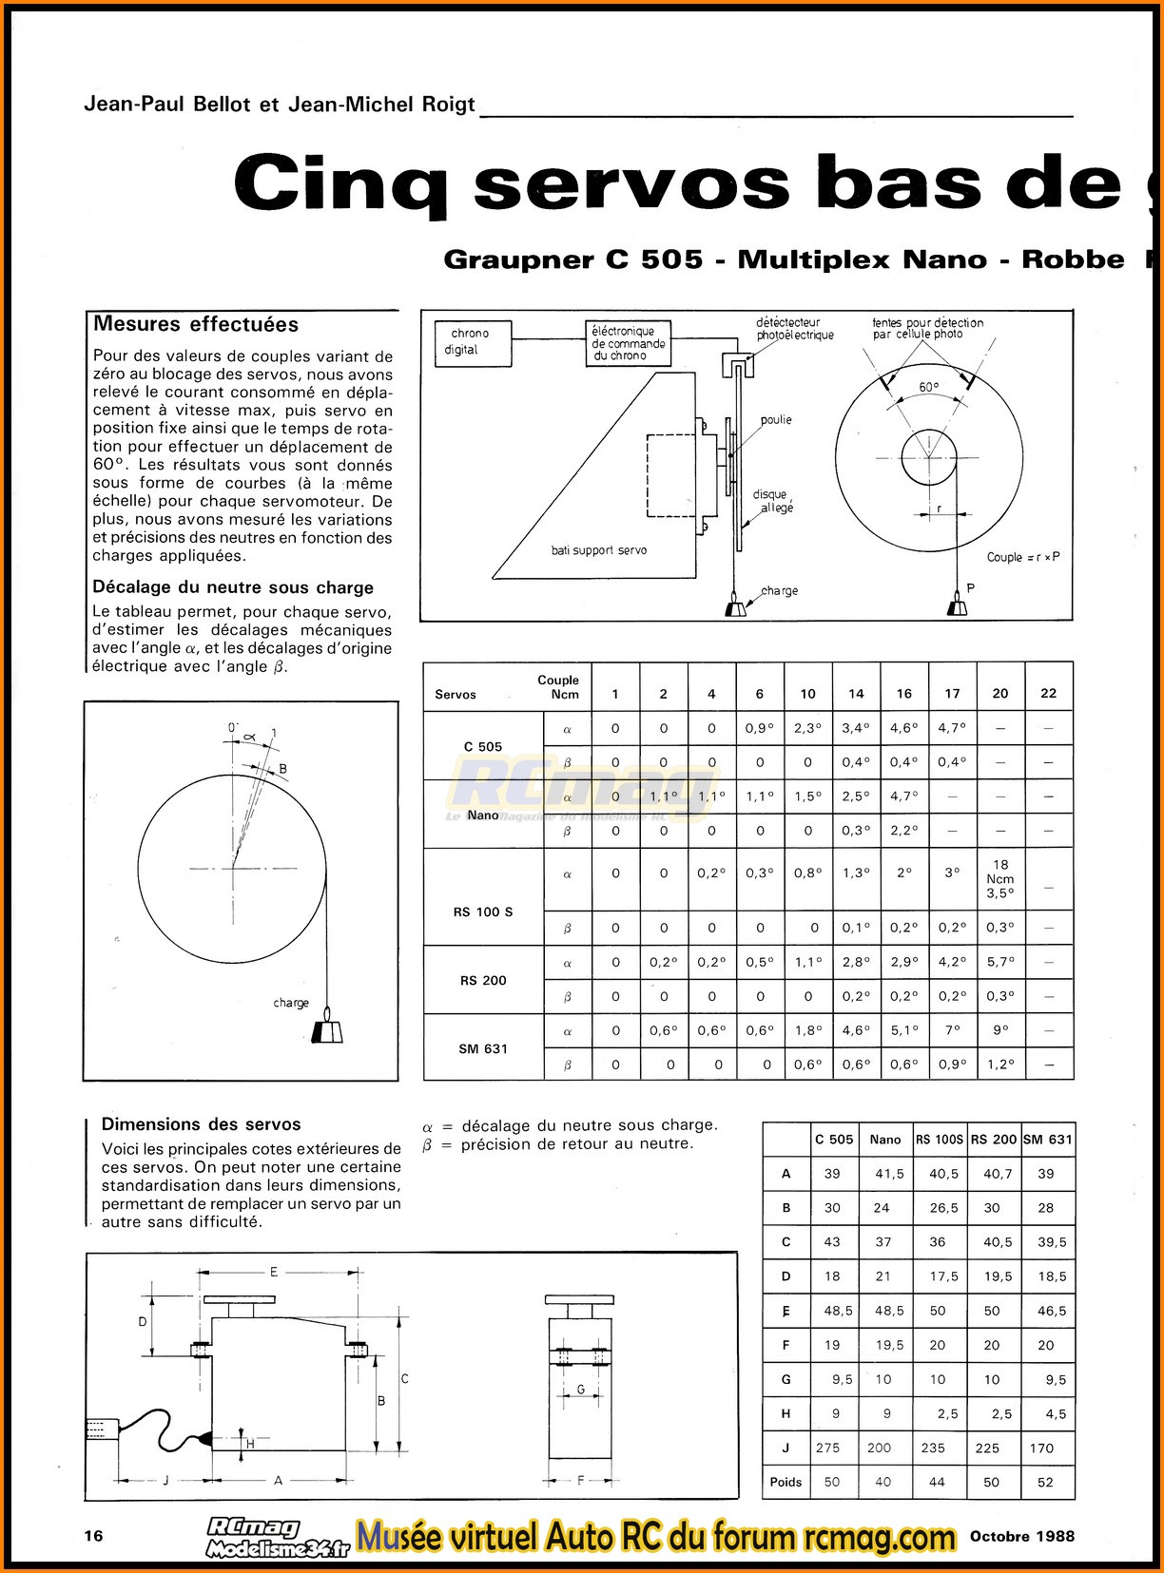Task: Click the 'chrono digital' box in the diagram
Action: [473, 342]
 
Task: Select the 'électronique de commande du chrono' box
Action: [629, 343]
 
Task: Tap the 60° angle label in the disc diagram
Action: [928, 387]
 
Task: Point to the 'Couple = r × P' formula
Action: [1022, 557]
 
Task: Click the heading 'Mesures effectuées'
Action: [195, 324]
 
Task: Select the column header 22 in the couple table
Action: [1048, 693]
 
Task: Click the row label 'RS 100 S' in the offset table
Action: [483, 911]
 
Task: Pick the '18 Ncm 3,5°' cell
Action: [1000, 878]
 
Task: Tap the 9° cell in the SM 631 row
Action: [1000, 1030]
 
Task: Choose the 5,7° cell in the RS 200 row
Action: [1000, 962]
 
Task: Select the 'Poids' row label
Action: [786, 1482]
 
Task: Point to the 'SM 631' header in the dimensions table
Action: [1047, 1139]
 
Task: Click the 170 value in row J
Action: [1041, 1448]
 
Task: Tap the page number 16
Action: [93, 1535]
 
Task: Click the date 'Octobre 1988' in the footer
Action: [1022, 1535]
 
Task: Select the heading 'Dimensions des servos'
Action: [201, 1124]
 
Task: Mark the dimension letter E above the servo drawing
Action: [273, 1272]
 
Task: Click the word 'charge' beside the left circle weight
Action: [291, 1003]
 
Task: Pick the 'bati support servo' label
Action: [599, 550]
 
